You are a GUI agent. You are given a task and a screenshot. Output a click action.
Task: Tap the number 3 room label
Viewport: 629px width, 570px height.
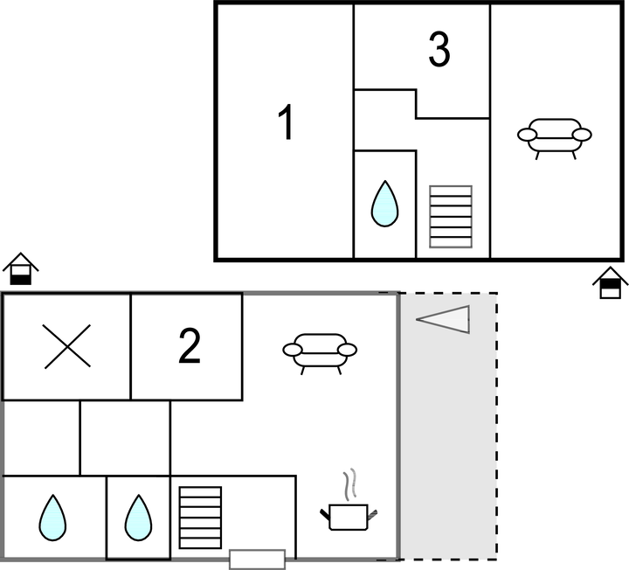[439, 51]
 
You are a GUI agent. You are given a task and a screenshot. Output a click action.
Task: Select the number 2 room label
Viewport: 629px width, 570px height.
[189, 347]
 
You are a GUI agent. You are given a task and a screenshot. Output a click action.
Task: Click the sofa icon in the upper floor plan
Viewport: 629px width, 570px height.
[554, 136]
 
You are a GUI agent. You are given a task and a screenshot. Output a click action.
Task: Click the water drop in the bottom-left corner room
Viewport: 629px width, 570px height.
[52, 518]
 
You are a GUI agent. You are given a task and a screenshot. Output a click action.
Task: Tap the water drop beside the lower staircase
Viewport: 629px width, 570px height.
[138, 518]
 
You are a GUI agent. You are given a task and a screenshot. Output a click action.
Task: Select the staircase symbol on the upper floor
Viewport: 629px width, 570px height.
[451, 216]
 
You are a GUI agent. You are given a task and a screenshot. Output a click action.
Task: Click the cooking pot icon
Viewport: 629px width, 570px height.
[349, 517]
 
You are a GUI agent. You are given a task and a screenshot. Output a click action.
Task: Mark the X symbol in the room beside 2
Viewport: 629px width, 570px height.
[67, 348]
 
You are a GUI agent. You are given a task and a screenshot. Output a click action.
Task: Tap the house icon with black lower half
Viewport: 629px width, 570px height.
[21, 269]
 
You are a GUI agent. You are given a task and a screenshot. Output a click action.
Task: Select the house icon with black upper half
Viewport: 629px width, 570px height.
[609, 284]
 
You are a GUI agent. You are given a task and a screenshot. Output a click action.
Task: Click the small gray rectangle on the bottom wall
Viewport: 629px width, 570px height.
[257, 559]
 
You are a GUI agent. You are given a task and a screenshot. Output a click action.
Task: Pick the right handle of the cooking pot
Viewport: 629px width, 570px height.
[374, 512]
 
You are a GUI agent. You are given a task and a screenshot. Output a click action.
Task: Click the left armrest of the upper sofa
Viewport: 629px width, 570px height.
[527, 135]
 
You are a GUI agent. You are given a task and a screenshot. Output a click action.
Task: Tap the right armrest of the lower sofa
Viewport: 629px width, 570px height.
[347, 350]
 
